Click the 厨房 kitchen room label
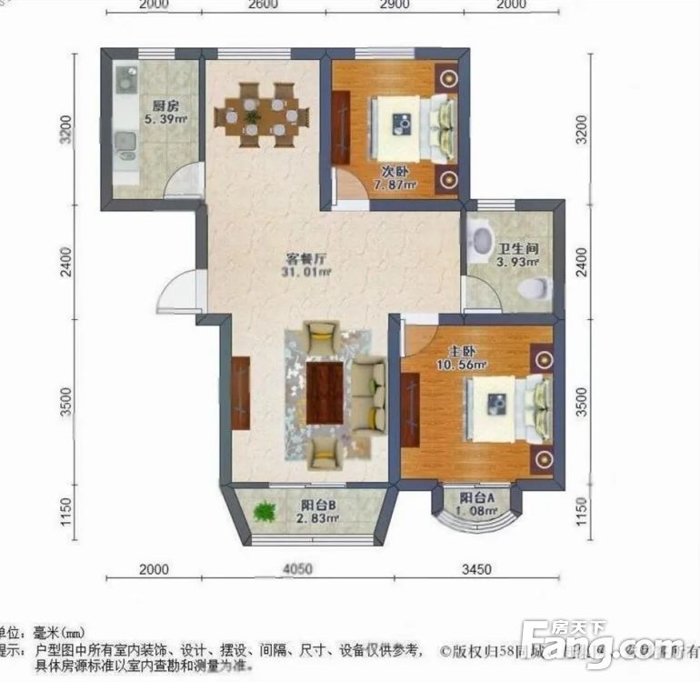tap(164, 104)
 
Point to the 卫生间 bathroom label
tap(517, 248)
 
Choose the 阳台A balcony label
tap(476, 498)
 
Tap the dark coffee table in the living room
tap(325, 391)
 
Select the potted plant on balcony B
tap(265, 512)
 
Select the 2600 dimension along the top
tap(262, 5)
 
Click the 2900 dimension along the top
tap(393, 5)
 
